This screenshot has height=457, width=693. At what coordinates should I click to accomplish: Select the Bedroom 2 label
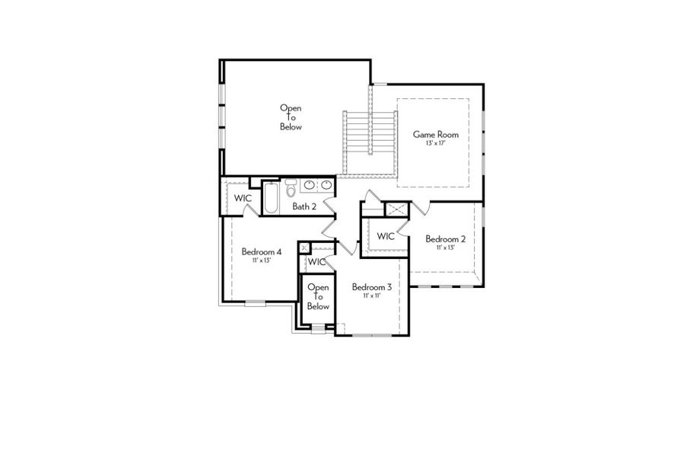coord(445,238)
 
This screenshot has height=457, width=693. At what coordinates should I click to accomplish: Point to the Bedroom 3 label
coord(371,287)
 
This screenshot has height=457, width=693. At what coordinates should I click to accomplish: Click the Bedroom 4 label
coord(262,251)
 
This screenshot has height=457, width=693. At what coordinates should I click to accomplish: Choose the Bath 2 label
coord(304,206)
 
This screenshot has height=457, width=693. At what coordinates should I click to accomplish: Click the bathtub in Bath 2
coord(271,199)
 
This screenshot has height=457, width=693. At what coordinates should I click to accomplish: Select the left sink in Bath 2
coord(310,185)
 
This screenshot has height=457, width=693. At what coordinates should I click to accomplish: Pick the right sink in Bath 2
coord(326,185)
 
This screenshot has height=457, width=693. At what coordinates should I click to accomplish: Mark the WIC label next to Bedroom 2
coord(386,236)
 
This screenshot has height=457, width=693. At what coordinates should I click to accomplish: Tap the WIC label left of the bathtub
coord(242,198)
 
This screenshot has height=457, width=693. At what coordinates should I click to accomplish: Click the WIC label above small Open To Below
coord(316,262)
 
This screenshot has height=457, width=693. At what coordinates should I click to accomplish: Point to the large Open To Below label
coord(291,117)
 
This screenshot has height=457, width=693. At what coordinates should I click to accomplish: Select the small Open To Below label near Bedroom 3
coord(318,296)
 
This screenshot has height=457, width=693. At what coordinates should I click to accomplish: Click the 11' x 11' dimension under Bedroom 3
coord(371,296)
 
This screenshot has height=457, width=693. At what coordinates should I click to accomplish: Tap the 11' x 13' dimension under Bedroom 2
coord(445,248)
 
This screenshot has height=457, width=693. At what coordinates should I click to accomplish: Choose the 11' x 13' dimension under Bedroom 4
coord(262,260)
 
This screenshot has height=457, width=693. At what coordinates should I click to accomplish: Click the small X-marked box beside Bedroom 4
coord(304,248)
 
